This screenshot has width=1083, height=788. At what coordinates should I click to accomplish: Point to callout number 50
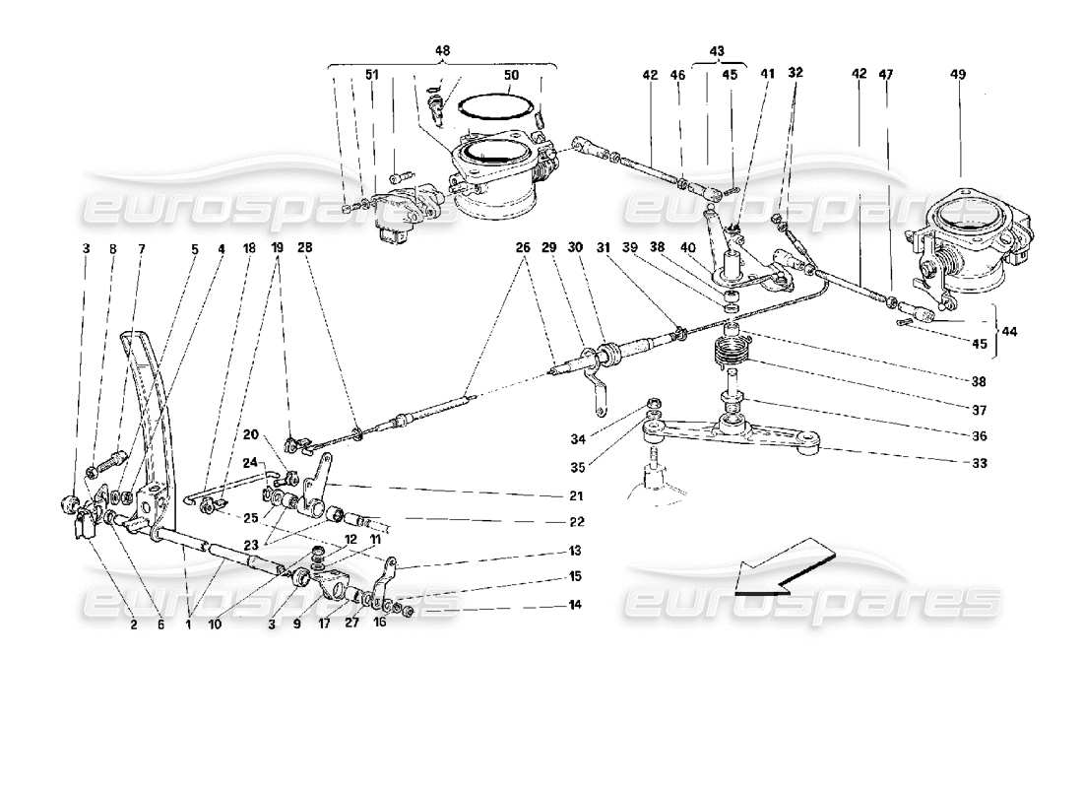pos(510,75)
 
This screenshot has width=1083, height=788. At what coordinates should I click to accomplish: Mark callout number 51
pos(371,75)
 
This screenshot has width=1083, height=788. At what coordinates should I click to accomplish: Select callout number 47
pos(886,74)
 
